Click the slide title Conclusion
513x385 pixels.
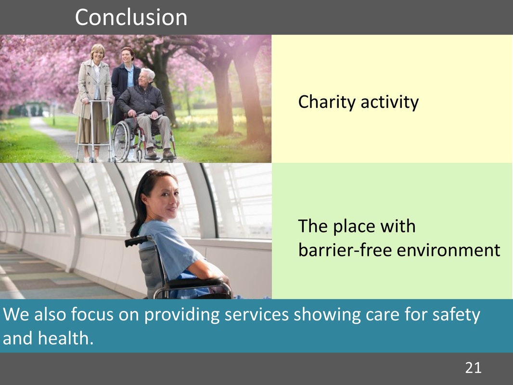pos(131,17)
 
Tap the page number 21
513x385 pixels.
pos(473,368)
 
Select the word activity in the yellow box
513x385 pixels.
pos(389,102)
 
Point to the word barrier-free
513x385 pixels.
pos(345,250)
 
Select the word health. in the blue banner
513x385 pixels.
pos(65,338)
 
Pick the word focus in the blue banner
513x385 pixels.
pos(92,314)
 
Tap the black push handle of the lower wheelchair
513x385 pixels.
pos(136,242)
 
